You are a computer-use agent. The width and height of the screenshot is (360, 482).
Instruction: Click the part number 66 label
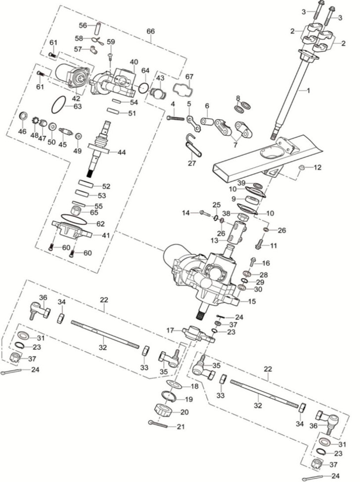(151, 31)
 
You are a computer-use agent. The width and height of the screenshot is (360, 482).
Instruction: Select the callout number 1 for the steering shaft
(309, 90)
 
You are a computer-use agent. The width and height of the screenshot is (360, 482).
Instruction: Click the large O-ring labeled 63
(58, 105)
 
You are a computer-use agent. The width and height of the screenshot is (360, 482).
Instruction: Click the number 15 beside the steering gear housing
(252, 301)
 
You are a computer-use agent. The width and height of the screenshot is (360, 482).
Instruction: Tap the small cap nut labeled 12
(302, 168)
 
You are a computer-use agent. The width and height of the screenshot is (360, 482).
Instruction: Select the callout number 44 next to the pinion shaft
(122, 152)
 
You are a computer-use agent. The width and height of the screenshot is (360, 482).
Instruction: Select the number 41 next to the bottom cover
(105, 235)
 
